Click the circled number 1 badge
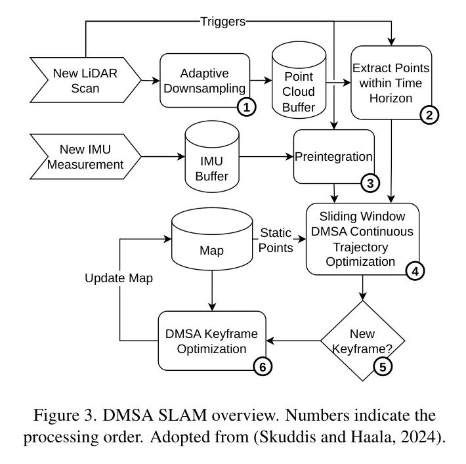247,107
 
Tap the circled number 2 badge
429,115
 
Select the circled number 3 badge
370,183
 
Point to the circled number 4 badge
415,271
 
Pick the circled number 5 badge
383,366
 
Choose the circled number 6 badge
263,366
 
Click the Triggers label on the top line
223,22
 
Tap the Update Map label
119,278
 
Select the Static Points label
276,240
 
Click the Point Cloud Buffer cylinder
299,80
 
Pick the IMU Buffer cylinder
212,157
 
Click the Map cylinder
212,239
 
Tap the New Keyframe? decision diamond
362,341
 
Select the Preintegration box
334,157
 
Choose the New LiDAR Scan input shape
85,80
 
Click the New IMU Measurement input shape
85,157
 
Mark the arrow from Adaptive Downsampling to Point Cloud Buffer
261,80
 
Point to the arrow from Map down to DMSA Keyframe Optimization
212,291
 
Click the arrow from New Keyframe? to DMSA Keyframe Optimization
293,341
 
